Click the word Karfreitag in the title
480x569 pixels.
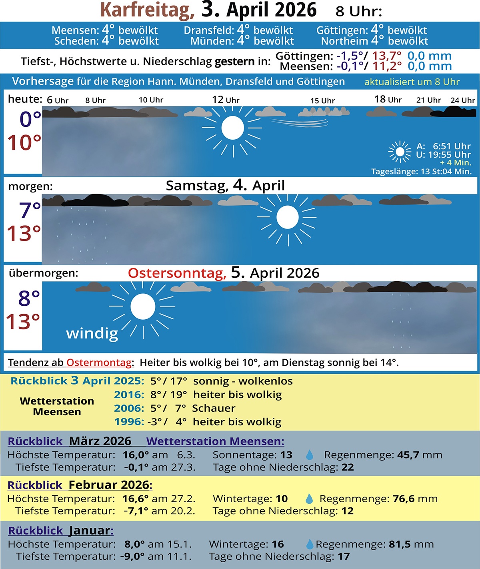[x=147, y=10]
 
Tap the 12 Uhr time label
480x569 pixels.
[x=226, y=100]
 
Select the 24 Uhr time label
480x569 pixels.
[x=463, y=100]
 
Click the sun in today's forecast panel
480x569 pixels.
[x=232, y=128]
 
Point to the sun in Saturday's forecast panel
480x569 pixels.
[x=287, y=217]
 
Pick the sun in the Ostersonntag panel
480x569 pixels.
[x=143, y=307]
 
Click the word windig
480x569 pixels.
[x=92, y=333]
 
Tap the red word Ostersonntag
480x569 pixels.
[x=177, y=273]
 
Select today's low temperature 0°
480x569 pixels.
[x=30, y=119]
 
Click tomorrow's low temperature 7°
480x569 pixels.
[x=30, y=210]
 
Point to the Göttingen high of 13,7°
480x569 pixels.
[x=387, y=56]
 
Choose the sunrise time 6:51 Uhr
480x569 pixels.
[x=452, y=146]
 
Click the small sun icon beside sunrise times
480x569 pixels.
[x=400, y=152]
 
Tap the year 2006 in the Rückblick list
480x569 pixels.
[x=129, y=408]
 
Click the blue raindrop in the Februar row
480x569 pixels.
[x=309, y=499]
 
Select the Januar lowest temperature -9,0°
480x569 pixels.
[x=133, y=556]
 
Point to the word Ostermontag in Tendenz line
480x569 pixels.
[x=99, y=363]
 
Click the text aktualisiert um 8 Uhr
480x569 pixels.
[x=412, y=82]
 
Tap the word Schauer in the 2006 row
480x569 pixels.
[x=214, y=408]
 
